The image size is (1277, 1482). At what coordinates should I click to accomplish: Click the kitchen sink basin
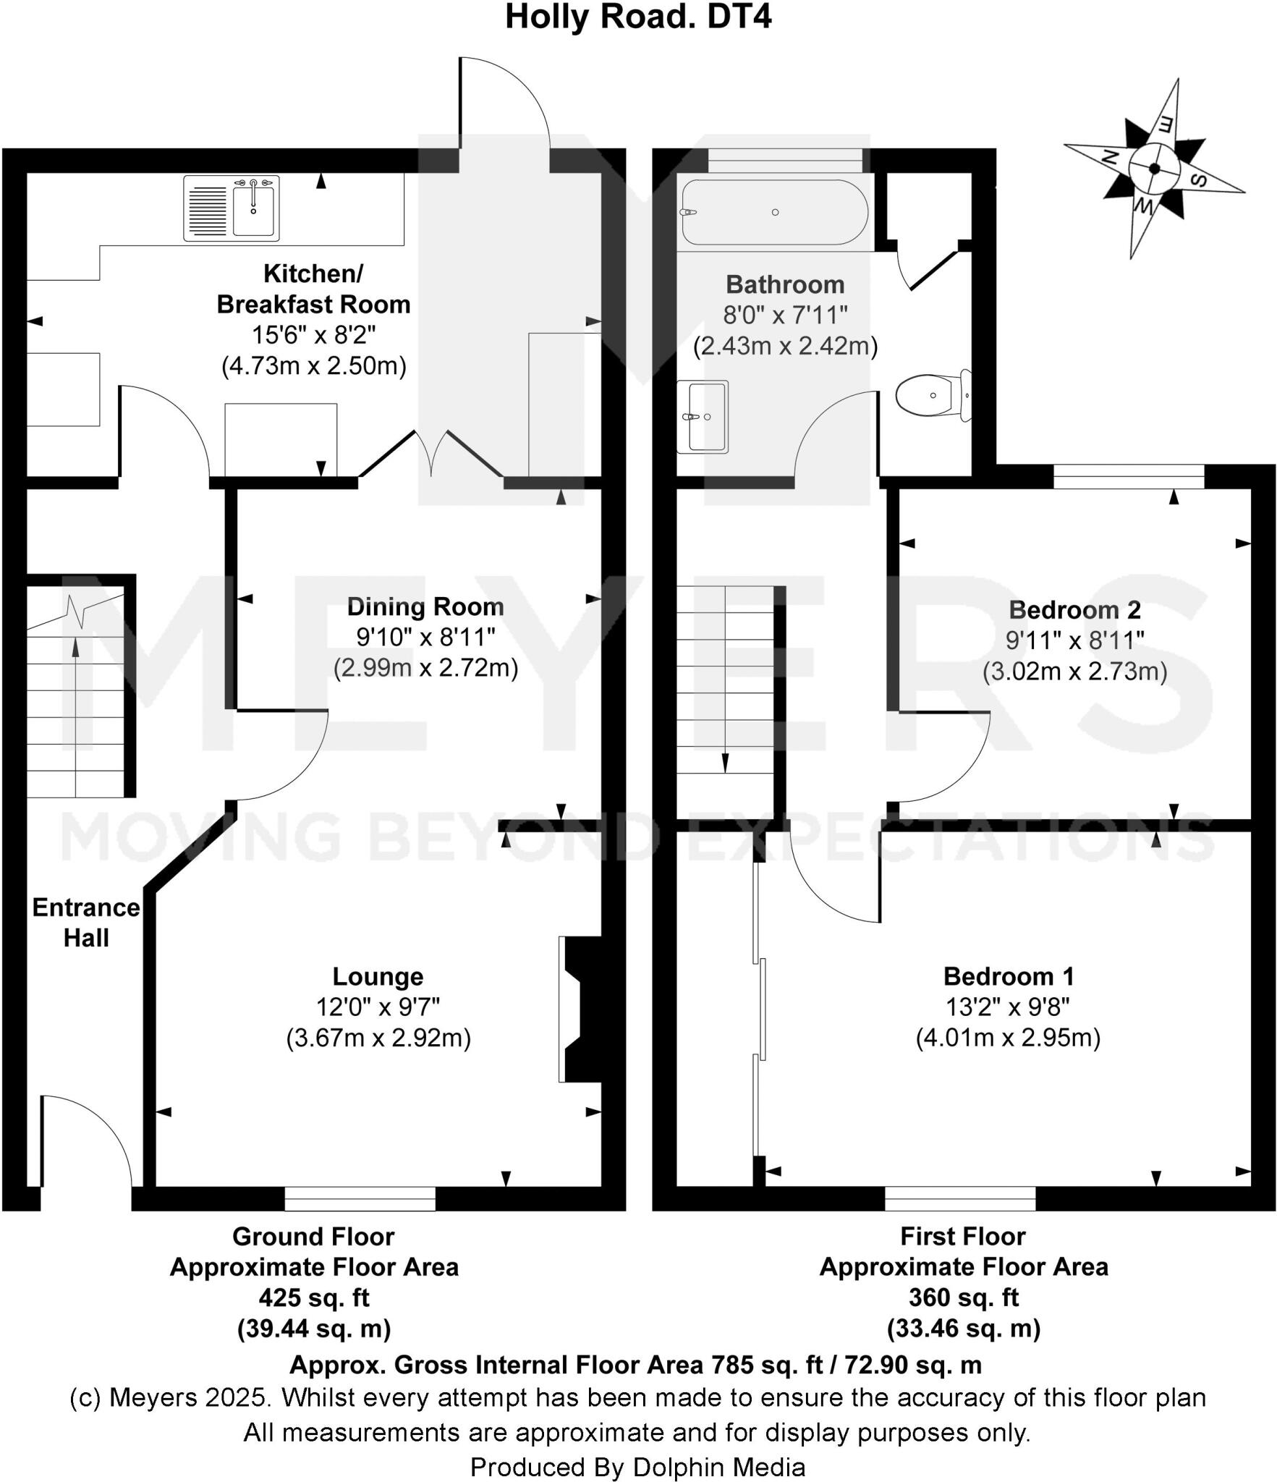(254, 209)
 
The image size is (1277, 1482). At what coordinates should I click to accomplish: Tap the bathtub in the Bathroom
(774, 212)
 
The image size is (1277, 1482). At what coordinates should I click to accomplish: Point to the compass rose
(1153, 169)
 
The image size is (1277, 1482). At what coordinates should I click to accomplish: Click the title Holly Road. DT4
(638, 17)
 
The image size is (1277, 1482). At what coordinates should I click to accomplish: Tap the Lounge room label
(378, 976)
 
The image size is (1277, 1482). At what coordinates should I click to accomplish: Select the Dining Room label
(425, 606)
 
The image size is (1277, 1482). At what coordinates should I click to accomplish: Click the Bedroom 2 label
(1074, 610)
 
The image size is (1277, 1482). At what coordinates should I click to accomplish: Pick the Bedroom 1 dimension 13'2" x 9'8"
(1008, 1007)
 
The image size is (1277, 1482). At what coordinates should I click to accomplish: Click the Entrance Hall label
(85, 923)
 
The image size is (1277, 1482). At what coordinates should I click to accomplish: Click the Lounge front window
(360, 1198)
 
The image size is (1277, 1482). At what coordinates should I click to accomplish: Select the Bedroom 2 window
(1129, 477)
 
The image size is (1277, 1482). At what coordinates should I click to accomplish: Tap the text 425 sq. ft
(314, 1297)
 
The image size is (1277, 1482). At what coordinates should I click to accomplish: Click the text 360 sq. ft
(963, 1297)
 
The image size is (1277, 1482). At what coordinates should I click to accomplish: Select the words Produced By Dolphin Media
(637, 1467)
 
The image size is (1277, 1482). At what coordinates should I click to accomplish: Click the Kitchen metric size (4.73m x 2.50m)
(313, 365)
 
